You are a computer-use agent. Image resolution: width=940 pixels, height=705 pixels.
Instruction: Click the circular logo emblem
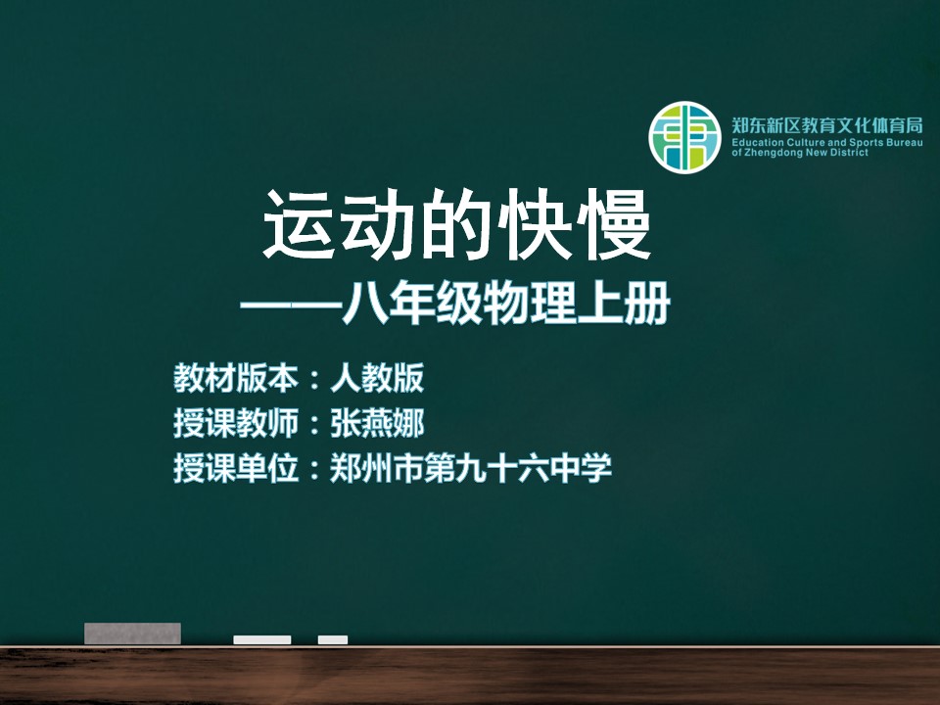[684, 137]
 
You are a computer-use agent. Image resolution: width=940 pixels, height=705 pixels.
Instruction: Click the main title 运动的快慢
[457, 225]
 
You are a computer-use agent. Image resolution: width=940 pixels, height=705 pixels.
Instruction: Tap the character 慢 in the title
[616, 225]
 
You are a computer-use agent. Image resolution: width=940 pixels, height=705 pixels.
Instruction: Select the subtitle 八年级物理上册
[506, 304]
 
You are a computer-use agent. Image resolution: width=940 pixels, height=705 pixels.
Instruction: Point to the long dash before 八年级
[291, 305]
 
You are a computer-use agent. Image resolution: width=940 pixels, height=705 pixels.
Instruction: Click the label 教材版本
[236, 378]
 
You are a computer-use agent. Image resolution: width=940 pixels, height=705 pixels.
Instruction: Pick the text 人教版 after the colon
[377, 378]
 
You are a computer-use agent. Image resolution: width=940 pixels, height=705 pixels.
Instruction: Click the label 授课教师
[236, 423]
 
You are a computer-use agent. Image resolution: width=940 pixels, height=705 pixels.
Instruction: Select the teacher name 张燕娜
[377, 423]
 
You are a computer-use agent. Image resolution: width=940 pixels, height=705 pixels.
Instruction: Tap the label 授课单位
[236, 468]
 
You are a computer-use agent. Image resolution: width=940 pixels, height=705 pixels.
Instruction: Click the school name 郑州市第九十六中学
[471, 468]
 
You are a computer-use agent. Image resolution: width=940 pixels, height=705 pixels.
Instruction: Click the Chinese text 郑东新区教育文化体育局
[826, 125]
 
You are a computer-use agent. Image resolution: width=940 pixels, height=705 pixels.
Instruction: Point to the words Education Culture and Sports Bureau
[826, 143]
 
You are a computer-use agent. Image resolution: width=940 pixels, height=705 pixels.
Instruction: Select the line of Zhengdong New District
[800, 153]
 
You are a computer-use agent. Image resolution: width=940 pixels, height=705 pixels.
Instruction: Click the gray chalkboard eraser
[132, 634]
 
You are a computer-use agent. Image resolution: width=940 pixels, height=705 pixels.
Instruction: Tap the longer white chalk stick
[262, 639]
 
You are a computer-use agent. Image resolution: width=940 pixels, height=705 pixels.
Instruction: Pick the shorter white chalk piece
[333, 639]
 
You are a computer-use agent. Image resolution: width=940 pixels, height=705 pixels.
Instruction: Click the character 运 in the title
[299, 225]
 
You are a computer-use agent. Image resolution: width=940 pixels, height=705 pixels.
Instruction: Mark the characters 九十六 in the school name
[501, 468]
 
